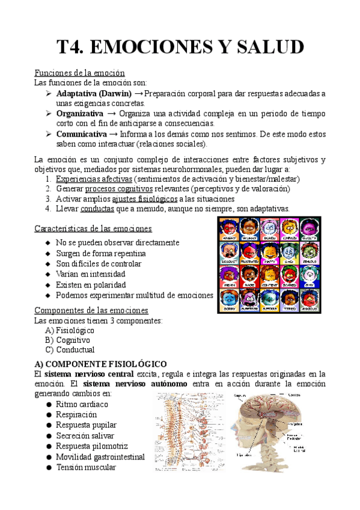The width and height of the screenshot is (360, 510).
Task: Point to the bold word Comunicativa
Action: [82, 134]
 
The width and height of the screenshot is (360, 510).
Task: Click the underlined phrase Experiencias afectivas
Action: [93, 179]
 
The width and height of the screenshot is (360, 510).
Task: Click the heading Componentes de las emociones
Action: [91, 310]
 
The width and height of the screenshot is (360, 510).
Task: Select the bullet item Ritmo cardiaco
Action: [82, 404]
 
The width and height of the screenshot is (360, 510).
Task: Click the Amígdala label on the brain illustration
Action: [294, 423]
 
